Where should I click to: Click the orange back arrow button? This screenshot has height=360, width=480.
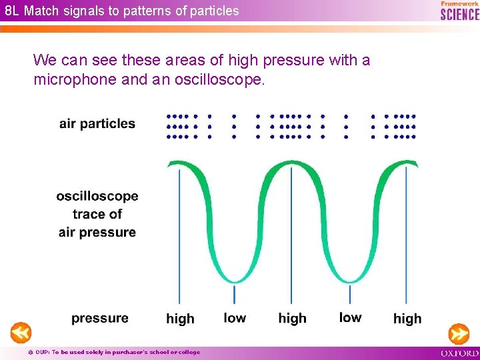(x=21, y=332)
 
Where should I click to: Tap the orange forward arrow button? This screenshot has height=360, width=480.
(x=459, y=332)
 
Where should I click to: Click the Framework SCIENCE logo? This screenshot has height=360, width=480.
(x=459, y=11)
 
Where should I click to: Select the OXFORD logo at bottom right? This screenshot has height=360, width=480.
(x=459, y=353)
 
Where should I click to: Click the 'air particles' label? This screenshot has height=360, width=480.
(x=97, y=123)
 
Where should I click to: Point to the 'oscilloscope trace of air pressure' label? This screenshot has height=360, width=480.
(x=97, y=214)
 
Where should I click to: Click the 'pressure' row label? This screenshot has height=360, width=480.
(x=100, y=318)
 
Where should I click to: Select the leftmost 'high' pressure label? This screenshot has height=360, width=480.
(x=180, y=319)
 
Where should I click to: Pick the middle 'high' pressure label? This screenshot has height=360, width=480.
(x=292, y=318)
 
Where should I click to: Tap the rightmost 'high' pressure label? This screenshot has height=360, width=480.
(x=407, y=319)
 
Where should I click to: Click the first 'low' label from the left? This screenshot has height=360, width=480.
(x=235, y=317)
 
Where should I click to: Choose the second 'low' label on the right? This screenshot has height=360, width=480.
(x=350, y=317)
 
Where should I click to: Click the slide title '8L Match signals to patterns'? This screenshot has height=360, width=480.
(x=122, y=11)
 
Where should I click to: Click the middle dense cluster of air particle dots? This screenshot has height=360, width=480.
(x=291, y=126)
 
